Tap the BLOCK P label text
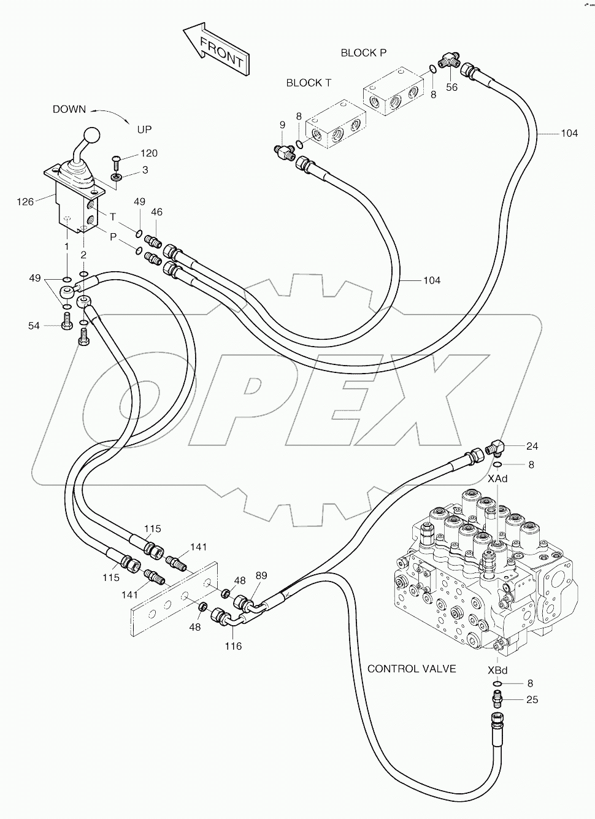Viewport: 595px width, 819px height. (364, 53)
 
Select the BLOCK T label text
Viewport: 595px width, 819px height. (309, 83)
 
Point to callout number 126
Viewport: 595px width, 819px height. (25, 201)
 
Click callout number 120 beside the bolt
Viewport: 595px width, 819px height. (149, 153)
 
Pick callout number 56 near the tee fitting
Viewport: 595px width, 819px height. (451, 87)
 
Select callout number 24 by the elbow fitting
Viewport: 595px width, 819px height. (532, 446)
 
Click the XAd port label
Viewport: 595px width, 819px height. (497, 479)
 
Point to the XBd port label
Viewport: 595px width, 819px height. (497, 669)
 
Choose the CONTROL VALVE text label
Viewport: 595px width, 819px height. (412, 669)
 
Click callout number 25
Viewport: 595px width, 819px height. (532, 699)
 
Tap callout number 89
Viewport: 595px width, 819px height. (261, 575)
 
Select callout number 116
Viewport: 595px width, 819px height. (233, 645)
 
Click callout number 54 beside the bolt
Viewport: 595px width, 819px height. (34, 326)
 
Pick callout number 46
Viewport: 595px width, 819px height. (157, 212)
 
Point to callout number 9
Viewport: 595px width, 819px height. (282, 125)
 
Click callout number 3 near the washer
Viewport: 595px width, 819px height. (145, 170)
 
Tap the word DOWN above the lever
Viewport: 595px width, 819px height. (69, 109)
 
